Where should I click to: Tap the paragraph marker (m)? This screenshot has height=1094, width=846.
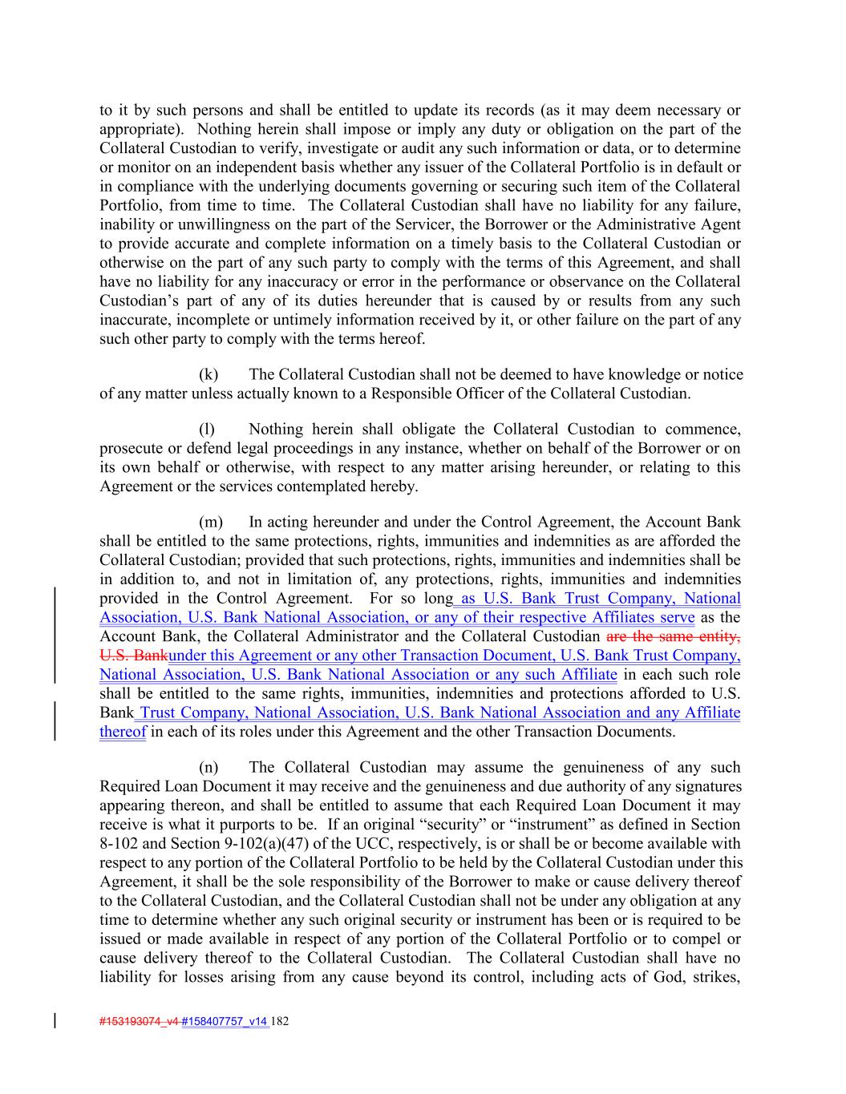pos(210,523)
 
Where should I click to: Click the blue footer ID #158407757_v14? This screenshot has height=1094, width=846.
pos(225,1022)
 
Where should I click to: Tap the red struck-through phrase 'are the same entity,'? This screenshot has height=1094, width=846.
pos(674,637)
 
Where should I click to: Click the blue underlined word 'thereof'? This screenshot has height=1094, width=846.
pos(123,732)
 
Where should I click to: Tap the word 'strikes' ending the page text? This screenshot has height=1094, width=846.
pos(715,977)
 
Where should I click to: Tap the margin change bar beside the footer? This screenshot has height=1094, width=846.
pos(55,1021)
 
